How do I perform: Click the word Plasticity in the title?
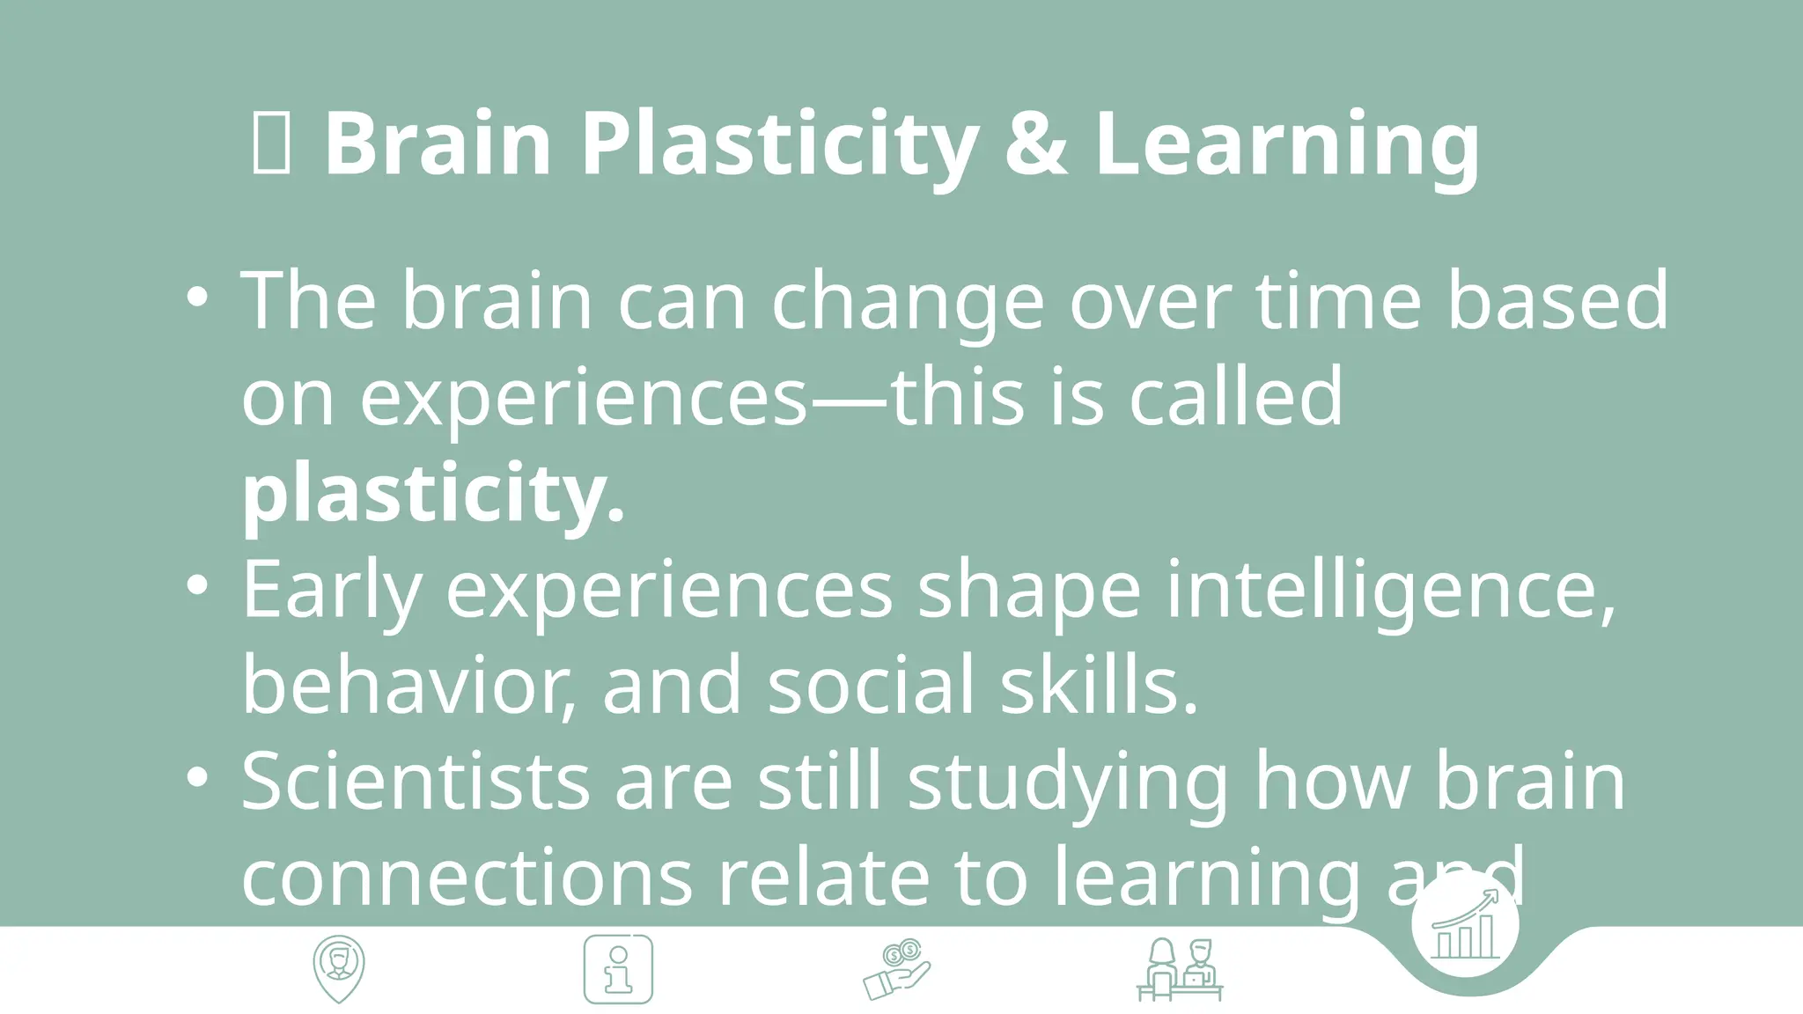click(778, 143)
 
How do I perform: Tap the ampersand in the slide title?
click(1035, 143)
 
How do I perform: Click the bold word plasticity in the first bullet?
click(433, 493)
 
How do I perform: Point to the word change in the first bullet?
click(908, 302)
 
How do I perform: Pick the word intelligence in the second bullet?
click(1391, 590)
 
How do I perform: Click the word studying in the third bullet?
click(1068, 782)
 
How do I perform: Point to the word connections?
click(467, 878)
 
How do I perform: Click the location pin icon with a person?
click(339, 969)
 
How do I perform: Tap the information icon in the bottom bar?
click(618, 969)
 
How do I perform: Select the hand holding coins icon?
click(896, 969)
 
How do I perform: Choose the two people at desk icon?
click(1180, 969)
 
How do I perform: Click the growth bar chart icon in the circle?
click(1465, 925)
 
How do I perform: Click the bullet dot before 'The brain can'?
click(198, 297)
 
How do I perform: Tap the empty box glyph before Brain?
click(271, 143)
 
